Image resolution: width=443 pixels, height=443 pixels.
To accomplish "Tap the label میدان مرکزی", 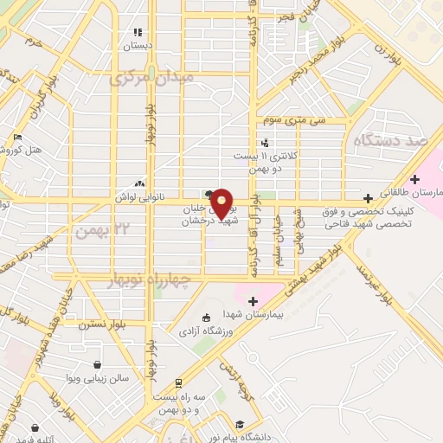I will (152, 79).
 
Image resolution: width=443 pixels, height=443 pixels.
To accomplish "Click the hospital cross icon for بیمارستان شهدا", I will (254, 301).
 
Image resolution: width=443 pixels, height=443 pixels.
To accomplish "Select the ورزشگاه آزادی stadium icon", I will (205, 316).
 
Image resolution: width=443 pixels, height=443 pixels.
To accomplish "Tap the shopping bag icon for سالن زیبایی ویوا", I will (97, 363).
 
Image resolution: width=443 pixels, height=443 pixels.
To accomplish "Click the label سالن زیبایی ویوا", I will (97, 378).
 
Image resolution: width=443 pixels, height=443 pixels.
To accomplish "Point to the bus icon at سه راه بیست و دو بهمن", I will (178, 382).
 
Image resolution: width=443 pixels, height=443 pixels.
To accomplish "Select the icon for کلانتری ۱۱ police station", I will (265, 143).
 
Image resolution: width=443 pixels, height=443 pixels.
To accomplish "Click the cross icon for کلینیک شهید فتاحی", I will (369, 198).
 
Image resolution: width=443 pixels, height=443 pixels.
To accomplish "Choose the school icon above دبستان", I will (137, 31).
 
